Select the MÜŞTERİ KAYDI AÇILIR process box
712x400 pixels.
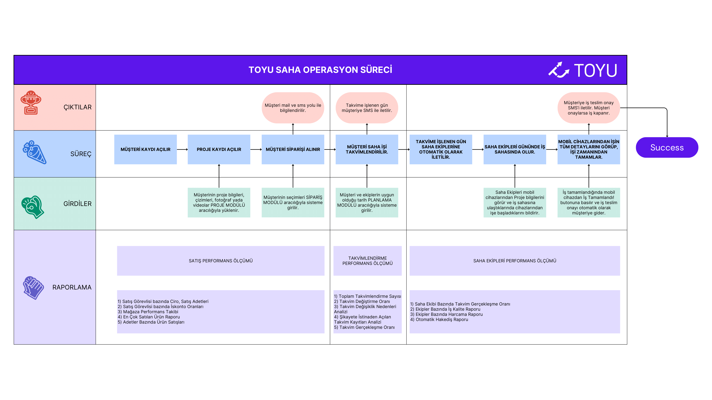point(145,149)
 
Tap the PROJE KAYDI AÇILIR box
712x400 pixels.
point(219,149)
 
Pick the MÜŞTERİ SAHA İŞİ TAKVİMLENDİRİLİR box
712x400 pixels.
point(367,149)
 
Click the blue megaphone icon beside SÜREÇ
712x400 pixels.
point(35,152)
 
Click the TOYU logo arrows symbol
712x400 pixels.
point(559,70)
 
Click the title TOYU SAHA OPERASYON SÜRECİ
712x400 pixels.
point(320,70)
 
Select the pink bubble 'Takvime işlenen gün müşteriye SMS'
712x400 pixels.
point(367,108)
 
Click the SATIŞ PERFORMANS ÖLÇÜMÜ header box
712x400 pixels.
point(221,261)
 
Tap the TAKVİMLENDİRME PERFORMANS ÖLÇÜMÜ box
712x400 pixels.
point(367,261)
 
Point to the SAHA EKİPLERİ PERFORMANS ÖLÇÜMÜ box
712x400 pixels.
point(515,261)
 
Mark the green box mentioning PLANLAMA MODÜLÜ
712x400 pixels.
point(367,202)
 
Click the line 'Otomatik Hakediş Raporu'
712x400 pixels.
point(439,319)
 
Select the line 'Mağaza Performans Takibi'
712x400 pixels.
point(148,312)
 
